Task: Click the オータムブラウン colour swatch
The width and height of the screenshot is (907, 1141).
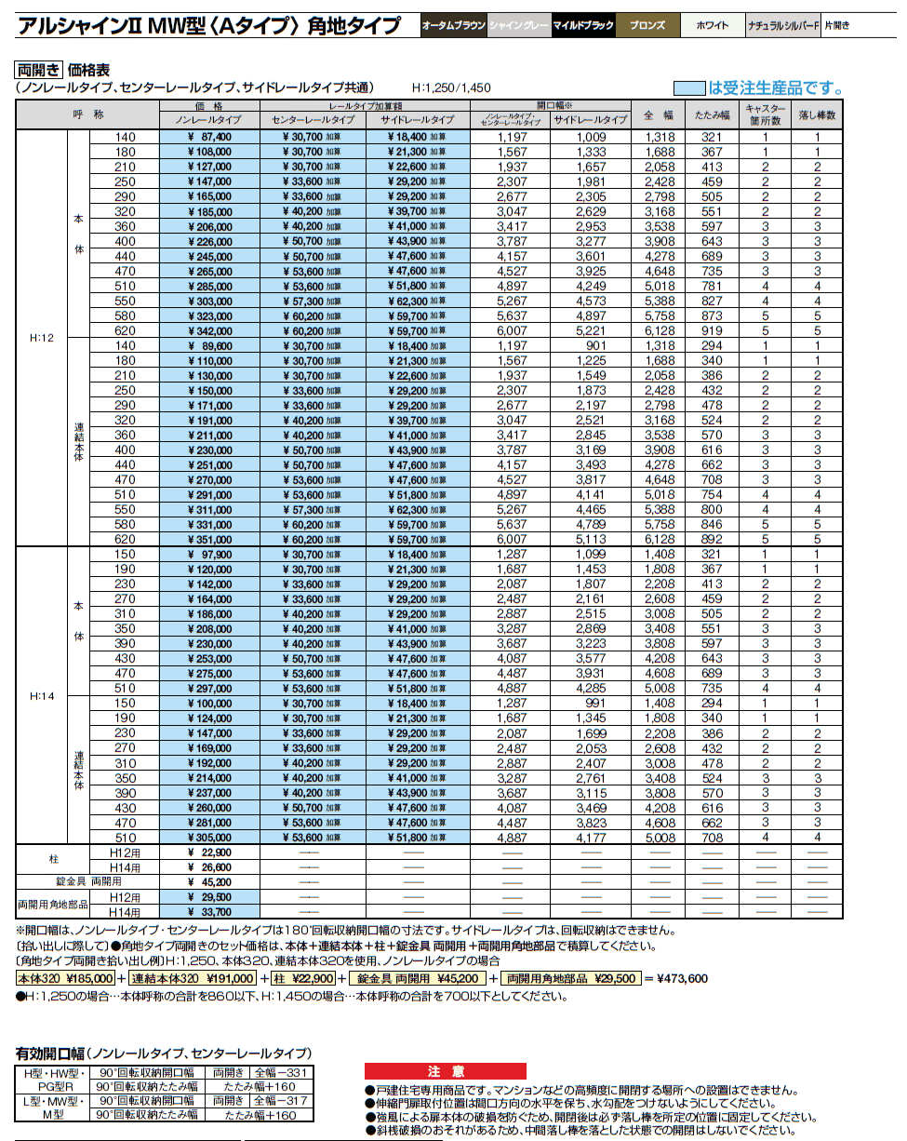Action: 453,26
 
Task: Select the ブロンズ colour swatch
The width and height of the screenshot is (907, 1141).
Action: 647,26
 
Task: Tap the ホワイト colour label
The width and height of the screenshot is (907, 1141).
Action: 713,26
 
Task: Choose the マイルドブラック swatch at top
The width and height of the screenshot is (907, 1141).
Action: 583,26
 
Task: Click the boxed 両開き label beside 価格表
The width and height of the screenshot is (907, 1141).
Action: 38,70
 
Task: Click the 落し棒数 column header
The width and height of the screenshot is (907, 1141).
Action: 818,114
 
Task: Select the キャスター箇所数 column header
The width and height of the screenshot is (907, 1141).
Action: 765,114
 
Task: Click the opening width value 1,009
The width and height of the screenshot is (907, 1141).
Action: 590,137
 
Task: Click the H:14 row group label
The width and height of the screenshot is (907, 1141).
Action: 42,695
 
